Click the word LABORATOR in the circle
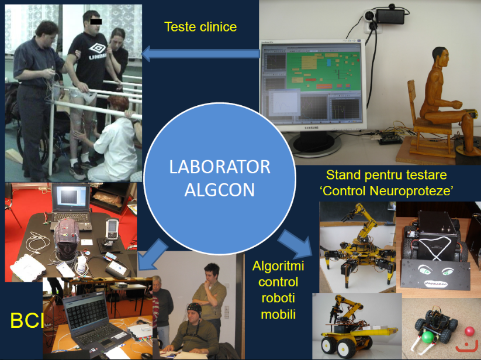(220, 167)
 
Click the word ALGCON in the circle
(220, 190)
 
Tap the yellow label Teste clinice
(200, 27)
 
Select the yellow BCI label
(27, 320)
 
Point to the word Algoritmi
(278, 266)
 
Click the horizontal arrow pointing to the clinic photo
(200, 54)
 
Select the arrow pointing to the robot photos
(295, 244)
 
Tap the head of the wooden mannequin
(441, 57)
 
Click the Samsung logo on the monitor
(312, 127)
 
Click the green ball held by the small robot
(428, 337)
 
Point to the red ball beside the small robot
(470, 331)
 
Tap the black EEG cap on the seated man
(195, 309)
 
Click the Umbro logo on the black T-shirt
(98, 51)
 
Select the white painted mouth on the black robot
(435, 283)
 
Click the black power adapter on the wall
(390, 16)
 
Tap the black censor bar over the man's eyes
(96, 22)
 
